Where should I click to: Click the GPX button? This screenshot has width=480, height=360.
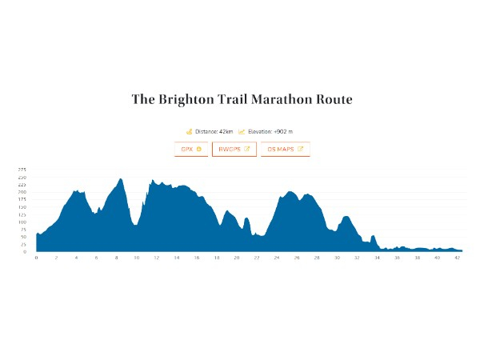191,149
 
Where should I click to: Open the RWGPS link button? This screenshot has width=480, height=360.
234,149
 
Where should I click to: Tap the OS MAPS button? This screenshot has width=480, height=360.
285,149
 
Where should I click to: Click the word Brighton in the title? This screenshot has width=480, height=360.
186,100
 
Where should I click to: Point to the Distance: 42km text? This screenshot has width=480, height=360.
214,131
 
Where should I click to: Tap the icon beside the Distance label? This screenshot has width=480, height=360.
190,131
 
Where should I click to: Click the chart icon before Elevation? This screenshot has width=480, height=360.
242,131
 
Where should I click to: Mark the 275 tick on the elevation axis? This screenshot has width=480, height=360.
22,170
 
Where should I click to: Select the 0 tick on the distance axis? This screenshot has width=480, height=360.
36,258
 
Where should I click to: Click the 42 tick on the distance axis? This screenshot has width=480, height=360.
457,258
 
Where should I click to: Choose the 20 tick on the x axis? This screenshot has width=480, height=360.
237,258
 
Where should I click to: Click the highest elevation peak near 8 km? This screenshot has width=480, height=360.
121,179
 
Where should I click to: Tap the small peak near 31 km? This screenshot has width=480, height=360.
346,217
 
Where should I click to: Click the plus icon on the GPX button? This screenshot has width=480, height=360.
198,149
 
